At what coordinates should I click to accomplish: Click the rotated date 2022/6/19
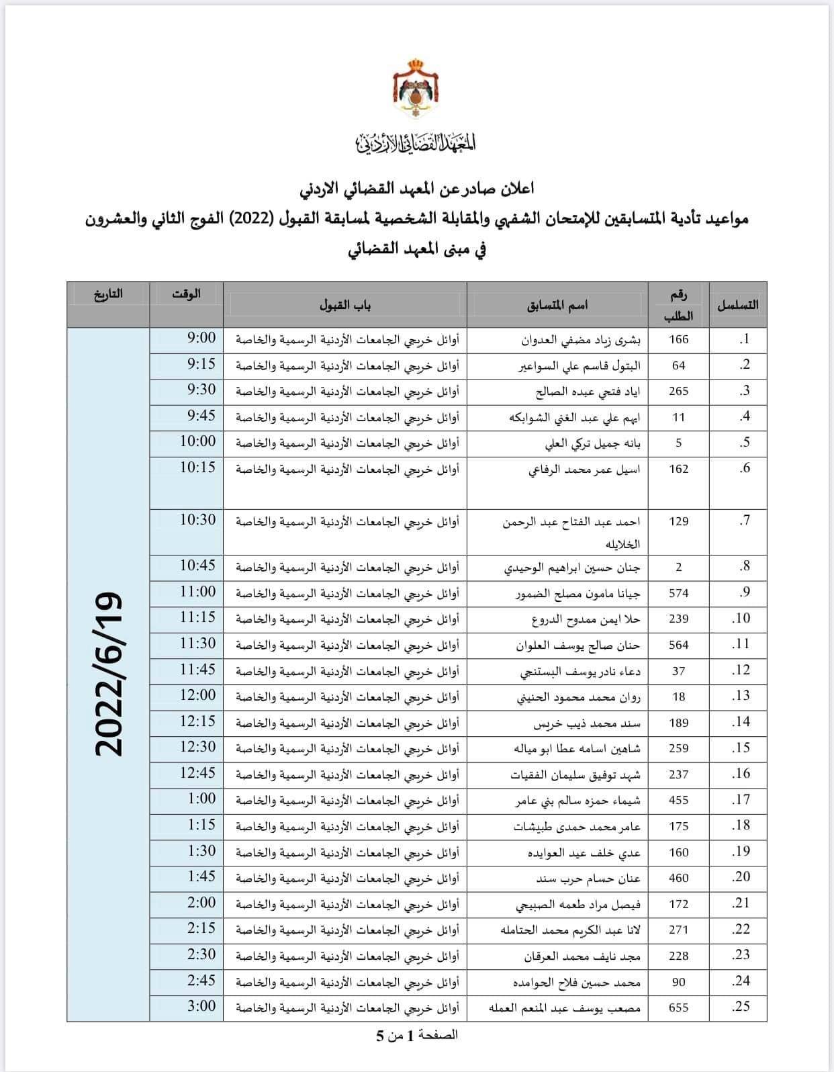tap(109, 674)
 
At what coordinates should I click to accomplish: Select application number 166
tap(679, 339)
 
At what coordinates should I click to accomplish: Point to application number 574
tap(679, 593)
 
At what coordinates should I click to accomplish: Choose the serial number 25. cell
tap(741, 1006)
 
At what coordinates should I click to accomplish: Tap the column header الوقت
tap(186, 294)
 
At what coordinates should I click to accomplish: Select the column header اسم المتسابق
tap(557, 306)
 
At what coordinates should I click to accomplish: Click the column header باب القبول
tap(345, 306)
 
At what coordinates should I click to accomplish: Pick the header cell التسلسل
tap(738, 305)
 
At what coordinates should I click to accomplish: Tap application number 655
tap(679, 1008)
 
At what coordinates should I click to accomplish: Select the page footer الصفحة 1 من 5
tap(416, 1035)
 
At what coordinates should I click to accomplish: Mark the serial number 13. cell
tap(741, 695)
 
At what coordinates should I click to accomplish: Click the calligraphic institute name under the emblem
tap(416, 142)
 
